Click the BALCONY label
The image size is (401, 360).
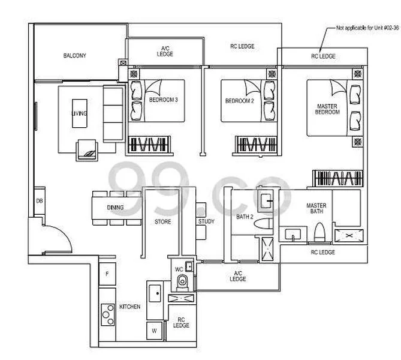click(x=75, y=56)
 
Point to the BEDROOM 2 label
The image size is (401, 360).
click(x=240, y=101)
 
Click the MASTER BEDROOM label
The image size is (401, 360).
click(x=327, y=109)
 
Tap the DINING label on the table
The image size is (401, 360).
click(x=115, y=208)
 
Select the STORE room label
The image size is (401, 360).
click(x=162, y=221)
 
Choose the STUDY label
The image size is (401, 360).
click(x=206, y=221)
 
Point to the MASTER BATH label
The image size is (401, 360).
click(x=316, y=208)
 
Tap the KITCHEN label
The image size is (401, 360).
click(x=129, y=307)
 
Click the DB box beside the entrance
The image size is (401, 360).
click(x=39, y=202)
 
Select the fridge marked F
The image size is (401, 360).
click(x=107, y=274)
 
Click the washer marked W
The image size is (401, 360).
click(x=154, y=331)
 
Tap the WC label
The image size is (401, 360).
click(x=178, y=269)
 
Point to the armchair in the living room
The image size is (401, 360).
click(x=88, y=151)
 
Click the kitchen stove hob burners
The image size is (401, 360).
click(x=108, y=313)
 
